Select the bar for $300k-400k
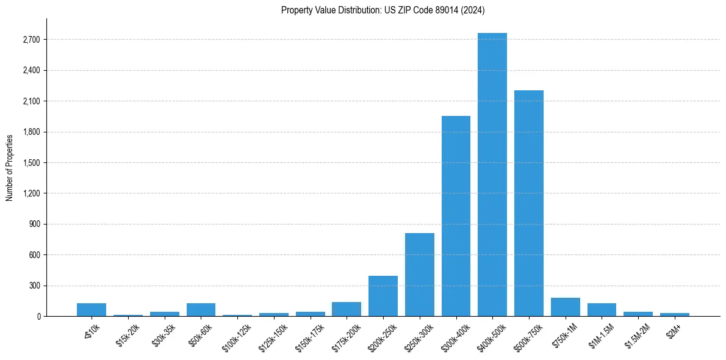(456, 216)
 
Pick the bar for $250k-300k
(419, 275)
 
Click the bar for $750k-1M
(565, 307)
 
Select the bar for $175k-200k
(346, 309)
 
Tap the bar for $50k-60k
(201, 310)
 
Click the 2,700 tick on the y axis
(31, 40)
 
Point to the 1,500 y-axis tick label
(31, 163)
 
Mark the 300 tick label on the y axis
(34, 286)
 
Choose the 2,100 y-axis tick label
(31, 101)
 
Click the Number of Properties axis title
(9, 168)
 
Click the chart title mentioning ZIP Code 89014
(383, 10)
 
